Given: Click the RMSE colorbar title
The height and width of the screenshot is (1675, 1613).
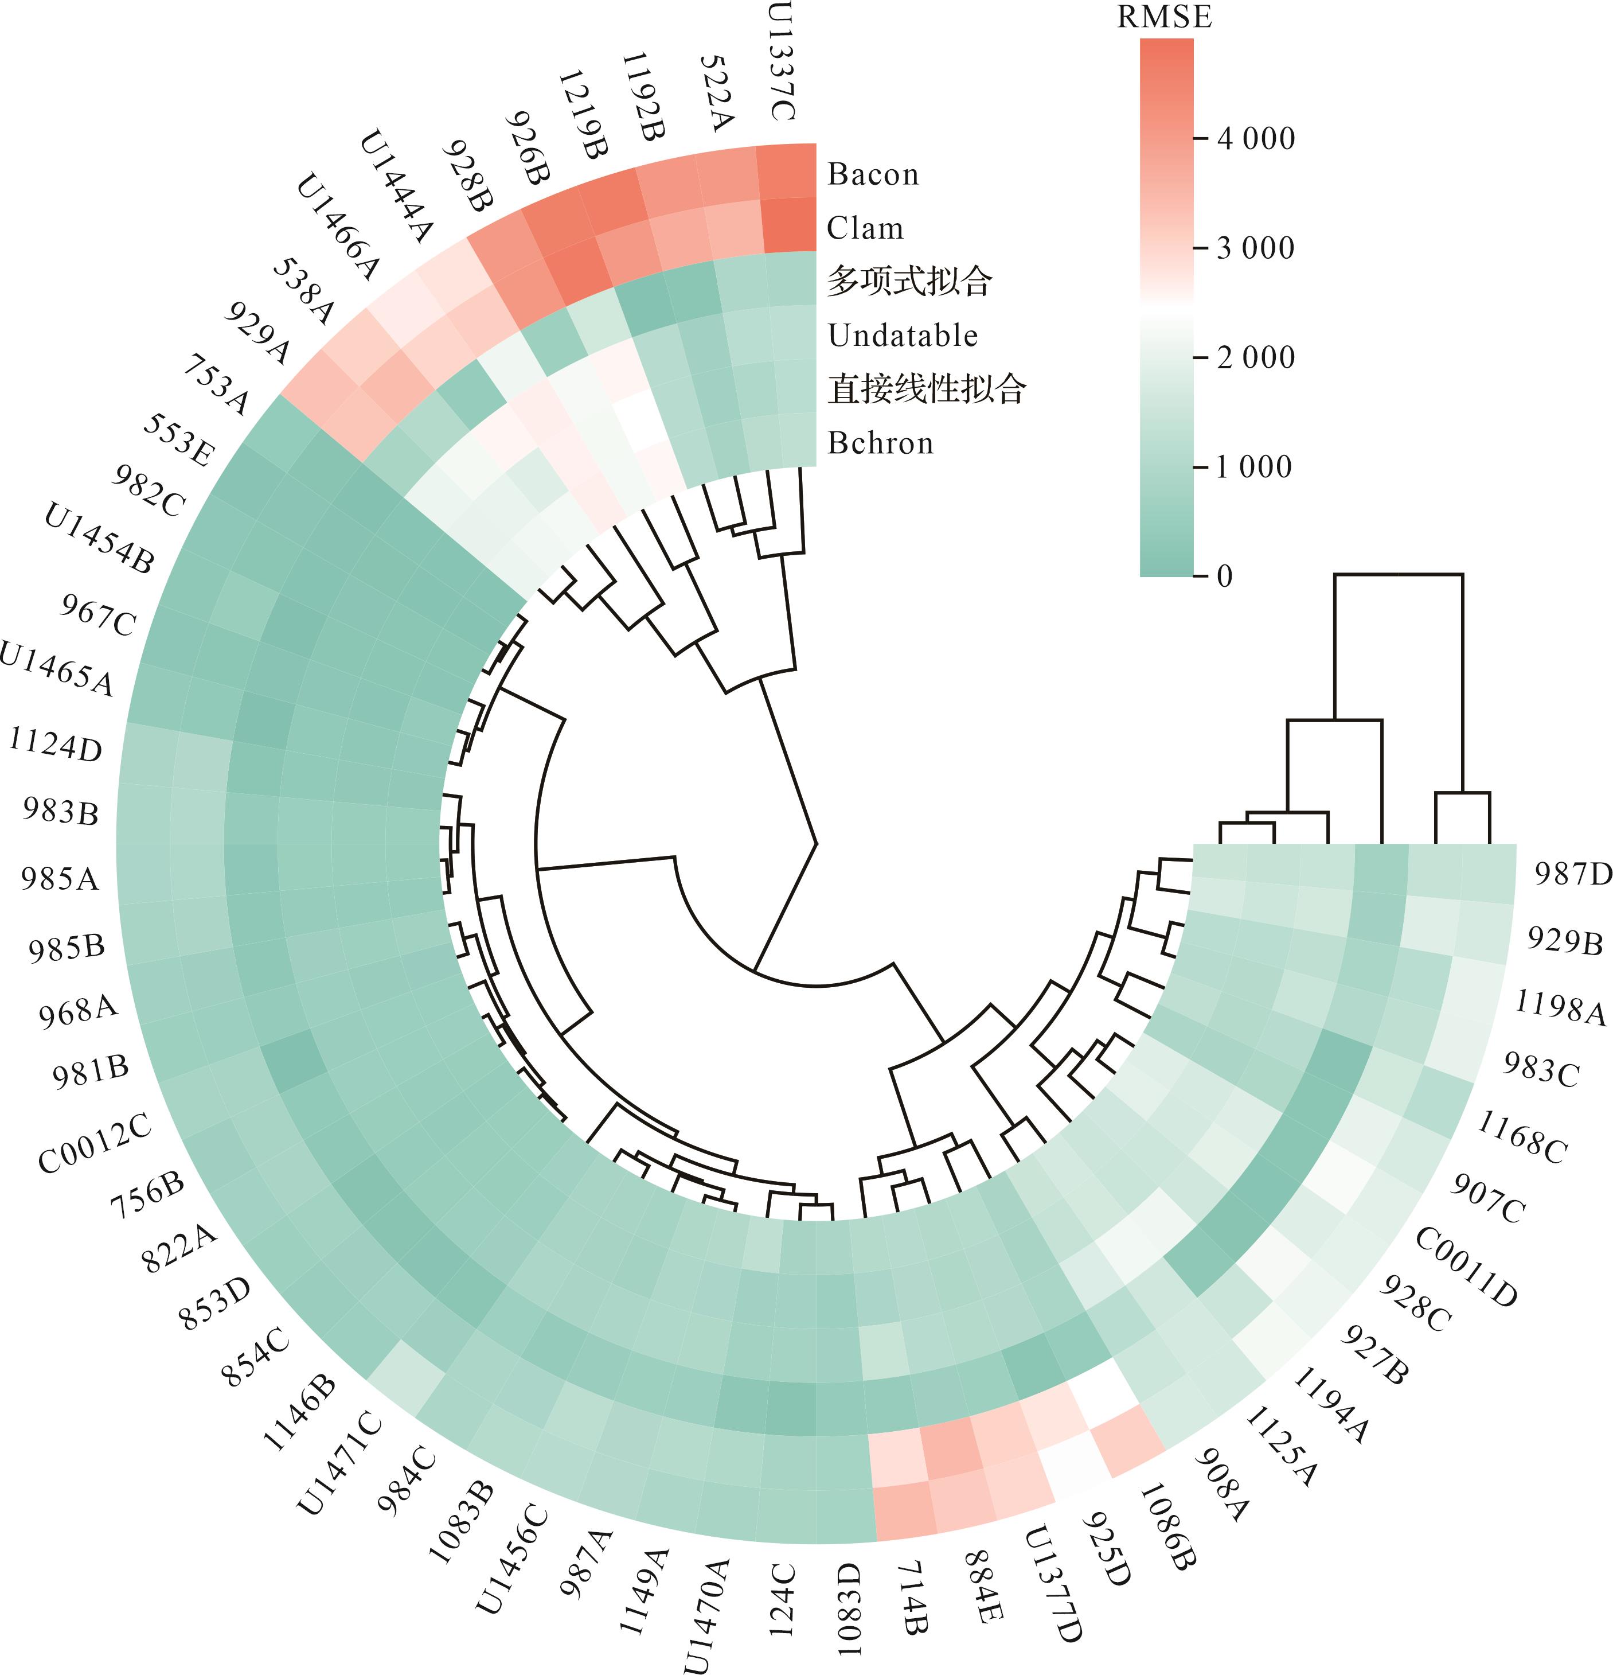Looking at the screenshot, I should point(1165,18).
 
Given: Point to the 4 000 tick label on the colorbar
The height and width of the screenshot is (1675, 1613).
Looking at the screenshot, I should point(1256,138).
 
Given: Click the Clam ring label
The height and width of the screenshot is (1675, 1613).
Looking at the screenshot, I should point(865,228).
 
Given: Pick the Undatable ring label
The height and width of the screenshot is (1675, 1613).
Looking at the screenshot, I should point(902,335).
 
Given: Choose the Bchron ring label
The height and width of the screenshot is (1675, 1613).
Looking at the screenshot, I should point(880,443).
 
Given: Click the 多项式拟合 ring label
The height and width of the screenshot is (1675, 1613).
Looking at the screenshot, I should point(909,281).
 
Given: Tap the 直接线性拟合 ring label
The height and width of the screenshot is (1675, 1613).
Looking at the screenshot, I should point(926,389).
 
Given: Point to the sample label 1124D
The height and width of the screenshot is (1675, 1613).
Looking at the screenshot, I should point(56,743).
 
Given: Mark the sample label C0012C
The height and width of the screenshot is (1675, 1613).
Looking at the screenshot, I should point(95,1143).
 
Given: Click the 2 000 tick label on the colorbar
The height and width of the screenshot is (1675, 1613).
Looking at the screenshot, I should point(1256,357).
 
